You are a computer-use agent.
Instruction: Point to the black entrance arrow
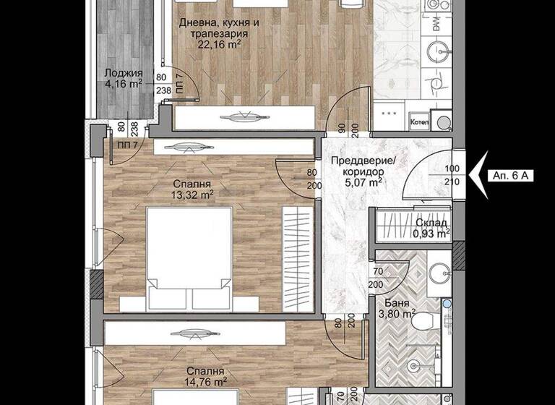coord(477,174)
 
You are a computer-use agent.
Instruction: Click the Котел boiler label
coord(419,122)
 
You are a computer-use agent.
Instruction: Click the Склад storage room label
coord(431,223)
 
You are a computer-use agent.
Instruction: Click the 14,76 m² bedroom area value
coord(203,384)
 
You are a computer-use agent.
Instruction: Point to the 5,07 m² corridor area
coord(361,183)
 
